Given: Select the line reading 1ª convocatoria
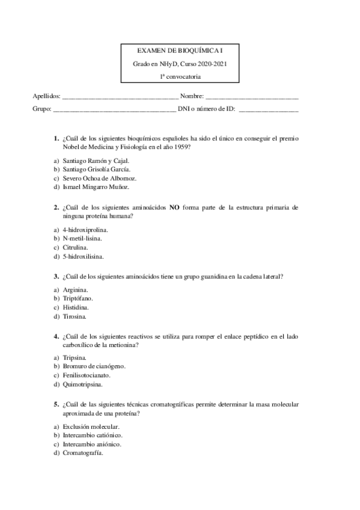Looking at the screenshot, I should pos(180,76).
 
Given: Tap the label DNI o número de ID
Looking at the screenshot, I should pos(206,109).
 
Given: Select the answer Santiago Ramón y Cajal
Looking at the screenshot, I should pos(96,161).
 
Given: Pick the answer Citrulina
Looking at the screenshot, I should pos(76,247).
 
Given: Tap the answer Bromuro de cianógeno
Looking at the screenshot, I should pos(94,366).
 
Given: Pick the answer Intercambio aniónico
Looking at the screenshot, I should pos(92,444).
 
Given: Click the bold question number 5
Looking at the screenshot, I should pos(56,404).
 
